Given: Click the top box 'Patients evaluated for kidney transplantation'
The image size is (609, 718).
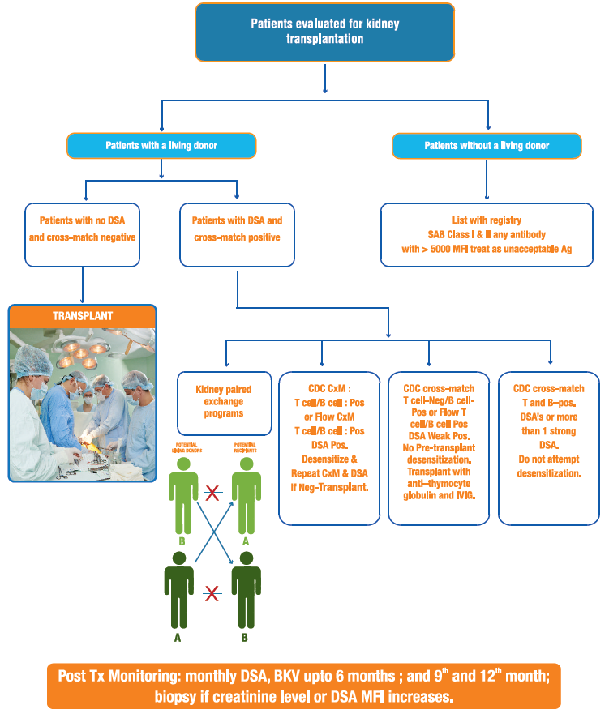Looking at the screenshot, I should point(324,32).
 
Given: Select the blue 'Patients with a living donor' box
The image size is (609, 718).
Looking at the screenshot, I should point(162,146).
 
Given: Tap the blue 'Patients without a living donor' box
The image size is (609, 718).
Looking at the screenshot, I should point(487,146).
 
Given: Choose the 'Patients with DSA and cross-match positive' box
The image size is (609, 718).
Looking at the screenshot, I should point(237,235).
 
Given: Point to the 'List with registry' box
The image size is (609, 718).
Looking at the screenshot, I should point(487,235).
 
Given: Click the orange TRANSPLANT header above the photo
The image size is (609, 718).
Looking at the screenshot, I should point(82,316).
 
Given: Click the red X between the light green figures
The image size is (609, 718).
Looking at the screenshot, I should point(213,493).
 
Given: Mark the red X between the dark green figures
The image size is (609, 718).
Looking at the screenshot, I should point(213,596).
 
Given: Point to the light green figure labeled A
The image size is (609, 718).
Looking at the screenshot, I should point(245,494).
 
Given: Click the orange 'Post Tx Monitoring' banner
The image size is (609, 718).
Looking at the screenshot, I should point(304,686).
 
